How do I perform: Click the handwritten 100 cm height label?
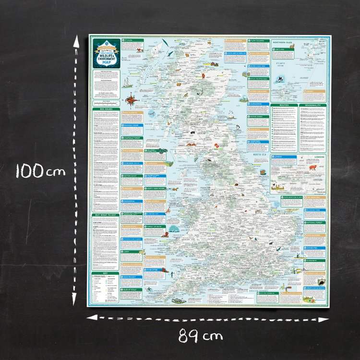40,171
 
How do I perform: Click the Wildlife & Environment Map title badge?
105,53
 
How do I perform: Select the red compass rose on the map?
130,100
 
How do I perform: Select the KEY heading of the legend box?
105,274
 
